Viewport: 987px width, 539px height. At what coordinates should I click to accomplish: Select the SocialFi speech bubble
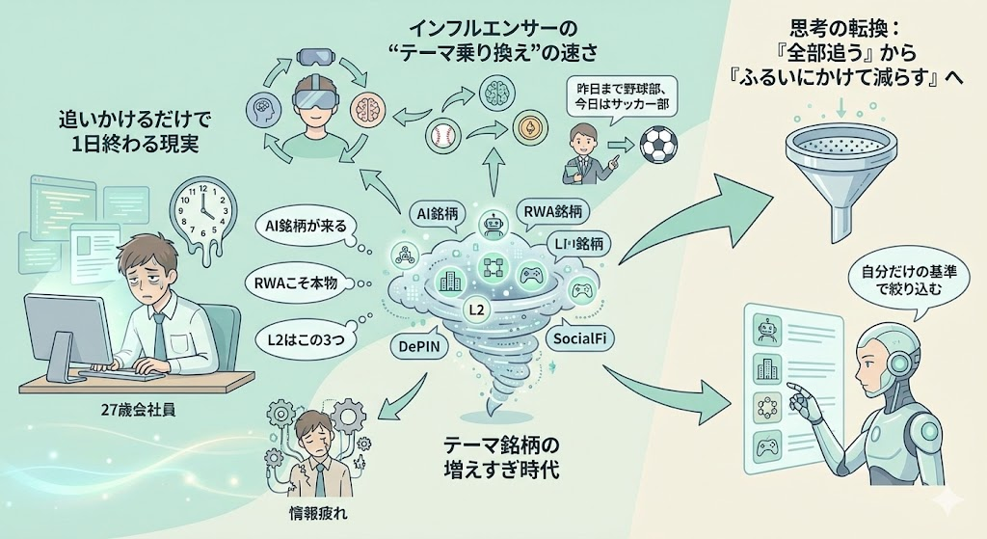[585, 338]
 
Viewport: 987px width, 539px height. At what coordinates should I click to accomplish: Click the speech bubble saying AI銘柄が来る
[307, 227]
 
